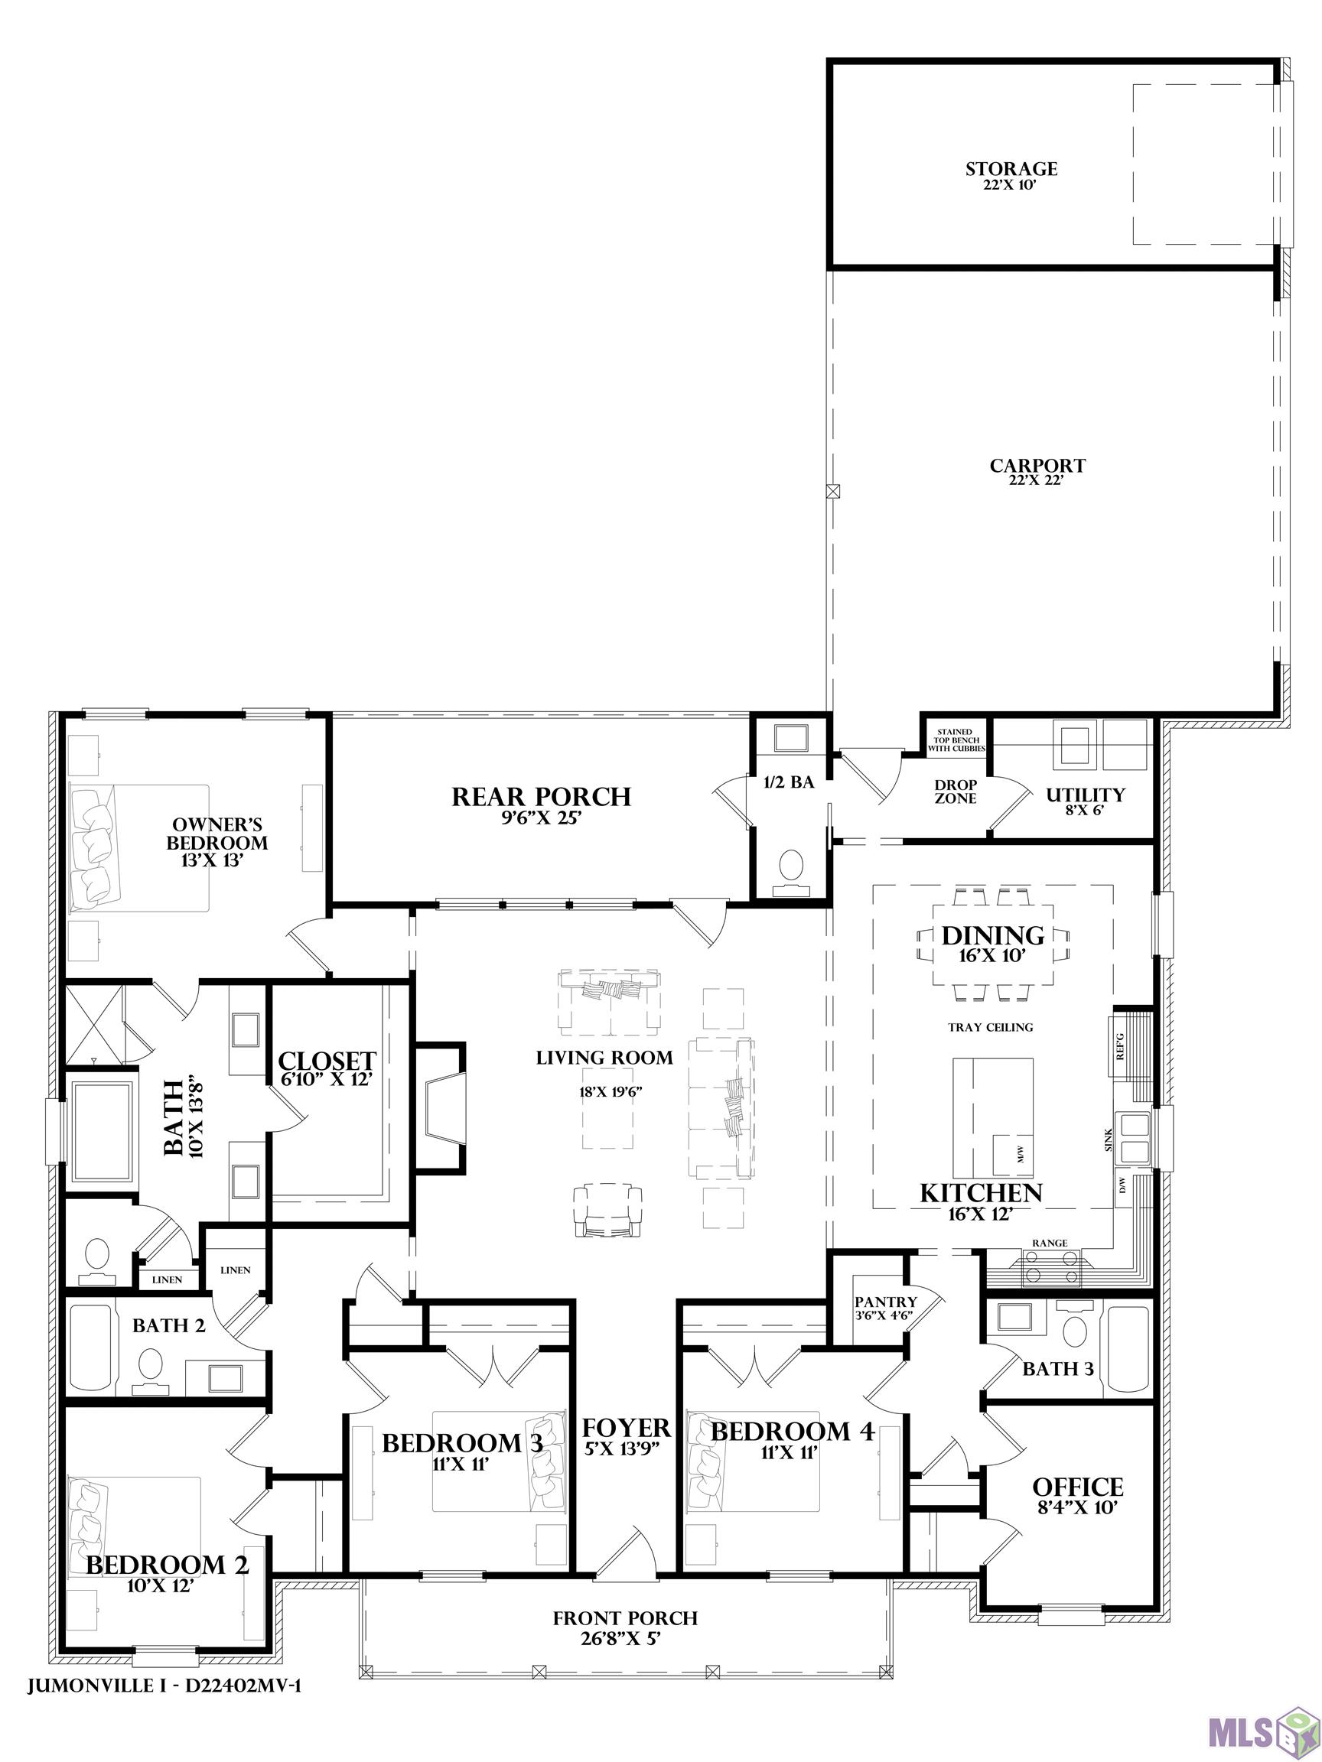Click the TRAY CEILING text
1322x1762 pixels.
[x=991, y=1028]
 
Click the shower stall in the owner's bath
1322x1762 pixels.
[x=93, y=1022]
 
